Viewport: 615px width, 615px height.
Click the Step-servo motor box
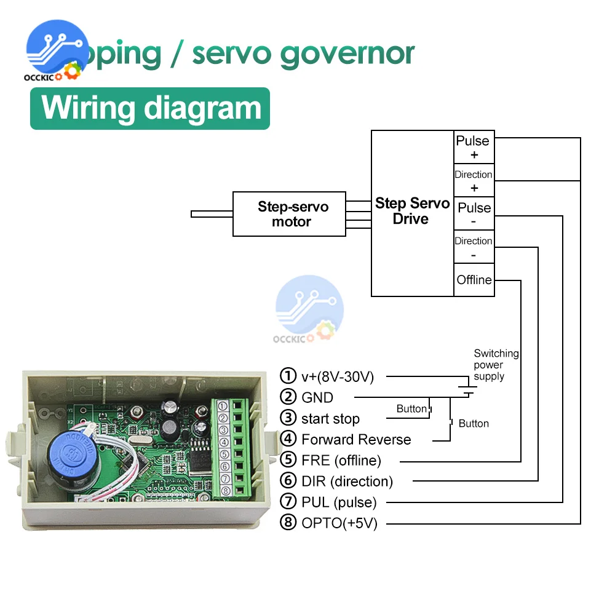click(289, 214)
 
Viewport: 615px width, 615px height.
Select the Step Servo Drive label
click(412, 211)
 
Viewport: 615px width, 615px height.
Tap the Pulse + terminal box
click(474, 147)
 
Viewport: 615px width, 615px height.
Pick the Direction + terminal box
click(474, 180)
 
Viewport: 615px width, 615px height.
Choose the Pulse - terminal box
click(474, 214)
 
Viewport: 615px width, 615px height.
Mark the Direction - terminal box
click(474, 247)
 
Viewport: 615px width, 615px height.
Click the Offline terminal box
click(474, 280)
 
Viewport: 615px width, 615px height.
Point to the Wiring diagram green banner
click(150, 108)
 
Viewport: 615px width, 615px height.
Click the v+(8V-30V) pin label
click(337, 376)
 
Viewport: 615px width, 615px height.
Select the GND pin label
click(317, 397)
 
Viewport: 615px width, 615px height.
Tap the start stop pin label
click(330, 419)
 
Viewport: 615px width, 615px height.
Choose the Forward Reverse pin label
click(355, 440)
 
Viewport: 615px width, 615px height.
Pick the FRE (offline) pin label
click(341, 460)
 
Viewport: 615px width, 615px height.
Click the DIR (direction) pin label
click(346, 481)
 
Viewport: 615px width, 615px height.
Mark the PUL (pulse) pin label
click(338, 502)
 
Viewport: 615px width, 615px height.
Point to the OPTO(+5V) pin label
click(339, 523)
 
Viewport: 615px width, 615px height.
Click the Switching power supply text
click(495, 365)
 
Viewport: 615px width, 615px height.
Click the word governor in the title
click(347, 54)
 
